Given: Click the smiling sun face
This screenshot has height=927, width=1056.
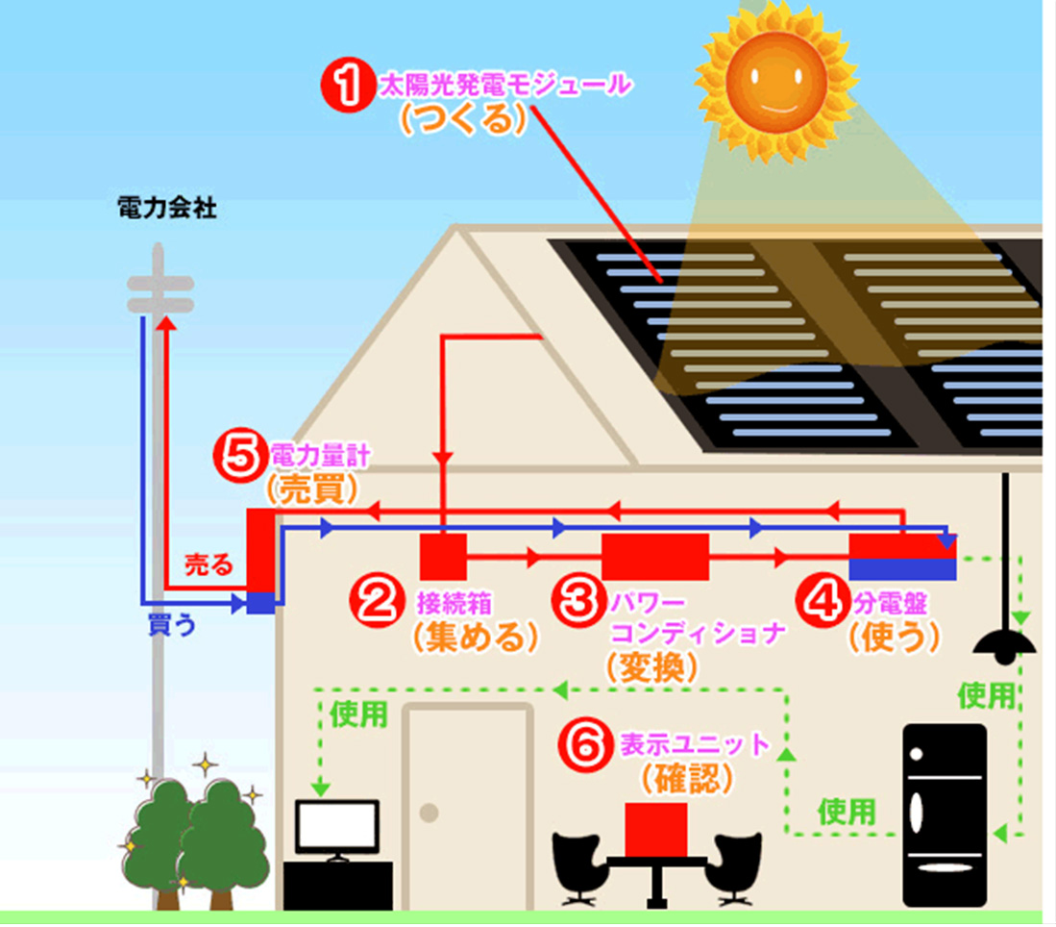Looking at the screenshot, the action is point(775,82).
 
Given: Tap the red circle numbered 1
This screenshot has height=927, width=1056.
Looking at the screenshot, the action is point(348,85).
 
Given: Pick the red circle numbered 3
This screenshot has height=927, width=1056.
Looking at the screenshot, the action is point(578,601).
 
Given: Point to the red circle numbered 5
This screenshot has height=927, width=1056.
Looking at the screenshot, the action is point(239,457).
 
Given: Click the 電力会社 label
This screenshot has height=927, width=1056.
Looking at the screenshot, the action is point(167,208).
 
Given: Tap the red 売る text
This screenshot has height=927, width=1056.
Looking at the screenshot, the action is point(209,564).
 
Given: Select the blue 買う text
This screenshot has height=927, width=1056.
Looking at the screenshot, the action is point(172,625).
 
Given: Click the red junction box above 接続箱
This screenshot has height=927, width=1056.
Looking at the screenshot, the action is point(443,557).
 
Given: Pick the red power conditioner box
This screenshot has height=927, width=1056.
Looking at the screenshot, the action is point(655,557).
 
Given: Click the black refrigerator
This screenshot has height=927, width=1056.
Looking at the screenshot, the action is point(945,815).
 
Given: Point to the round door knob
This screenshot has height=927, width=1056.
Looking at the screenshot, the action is point(429,814).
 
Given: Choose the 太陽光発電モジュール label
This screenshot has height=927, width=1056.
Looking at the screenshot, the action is point(505,86).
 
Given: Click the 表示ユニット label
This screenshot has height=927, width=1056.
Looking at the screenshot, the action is point(695,744).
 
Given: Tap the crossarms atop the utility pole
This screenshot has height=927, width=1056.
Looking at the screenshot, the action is point(160,294).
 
